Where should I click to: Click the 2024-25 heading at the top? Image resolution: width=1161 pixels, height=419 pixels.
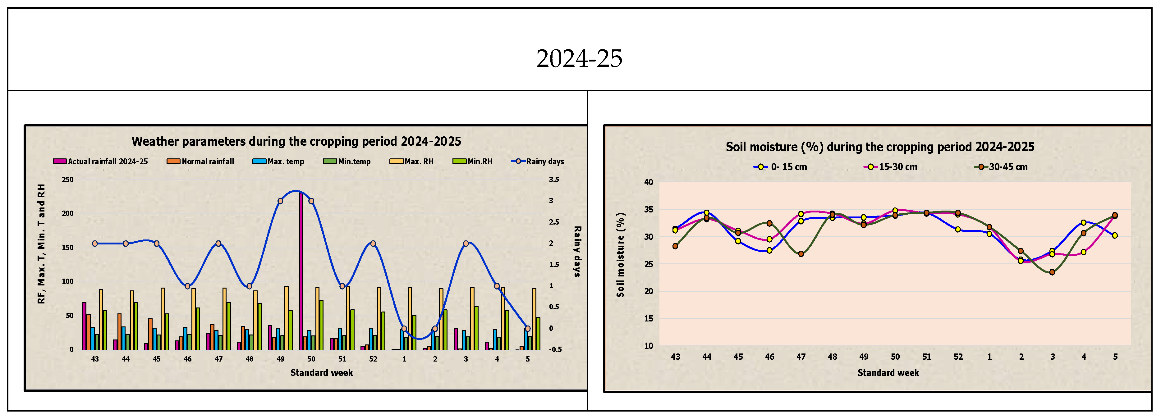[579, 59]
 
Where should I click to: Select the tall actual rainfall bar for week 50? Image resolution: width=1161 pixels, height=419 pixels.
[301, 270]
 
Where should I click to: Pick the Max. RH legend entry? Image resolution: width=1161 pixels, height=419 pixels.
[412, 161]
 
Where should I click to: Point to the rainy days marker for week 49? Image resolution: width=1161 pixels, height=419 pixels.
[280, 201]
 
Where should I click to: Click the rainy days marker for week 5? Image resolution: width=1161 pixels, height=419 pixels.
[528, 328]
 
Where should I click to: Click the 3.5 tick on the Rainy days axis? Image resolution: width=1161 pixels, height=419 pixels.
[554, 179]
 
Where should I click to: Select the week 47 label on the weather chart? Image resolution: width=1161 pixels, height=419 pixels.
[218, 359]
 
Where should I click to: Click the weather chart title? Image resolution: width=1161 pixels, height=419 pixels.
[296, 141]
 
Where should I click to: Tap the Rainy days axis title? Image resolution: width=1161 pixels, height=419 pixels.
[577, 251]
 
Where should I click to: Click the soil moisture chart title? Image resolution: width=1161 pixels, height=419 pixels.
[880, 147]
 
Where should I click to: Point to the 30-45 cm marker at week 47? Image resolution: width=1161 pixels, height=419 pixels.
[801, 254]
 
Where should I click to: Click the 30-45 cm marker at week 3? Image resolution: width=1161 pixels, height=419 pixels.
[1052, 272]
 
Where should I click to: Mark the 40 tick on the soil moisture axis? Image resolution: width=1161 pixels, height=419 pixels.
[649, 182]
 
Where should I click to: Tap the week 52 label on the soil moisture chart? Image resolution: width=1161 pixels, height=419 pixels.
[958, 357]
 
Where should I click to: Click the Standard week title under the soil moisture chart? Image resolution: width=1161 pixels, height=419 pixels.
[888, 373]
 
